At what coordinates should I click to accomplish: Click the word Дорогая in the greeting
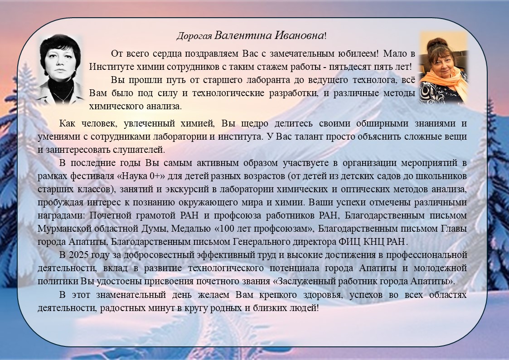click(194, 36)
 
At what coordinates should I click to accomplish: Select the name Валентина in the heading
click(239, 35)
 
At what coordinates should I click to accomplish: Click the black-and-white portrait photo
click(60, 68)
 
